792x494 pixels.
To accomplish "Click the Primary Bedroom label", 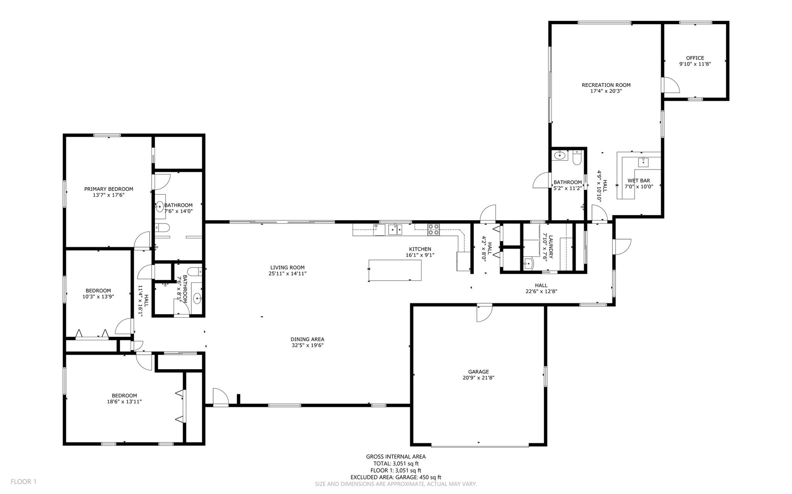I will coord(108,189).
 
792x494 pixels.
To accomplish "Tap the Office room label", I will coord(695,58).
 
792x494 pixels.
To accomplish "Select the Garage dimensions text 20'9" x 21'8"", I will coord(478,378).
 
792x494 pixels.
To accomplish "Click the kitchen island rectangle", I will coord(395,270).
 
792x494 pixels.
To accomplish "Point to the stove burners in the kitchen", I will coord(433,230).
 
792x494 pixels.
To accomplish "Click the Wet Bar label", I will coord(638,181).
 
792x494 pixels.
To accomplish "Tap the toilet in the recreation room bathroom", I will coord(577,158).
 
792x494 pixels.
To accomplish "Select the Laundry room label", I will coord(551,247).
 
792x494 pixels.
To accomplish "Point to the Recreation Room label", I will coord(606,85).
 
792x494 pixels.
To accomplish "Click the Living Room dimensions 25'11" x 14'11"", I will coord(287,274).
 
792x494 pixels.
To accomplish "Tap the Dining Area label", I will coord(307,339).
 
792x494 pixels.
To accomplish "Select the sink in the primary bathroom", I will coord(159,207).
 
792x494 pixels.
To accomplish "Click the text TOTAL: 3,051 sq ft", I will coord(395,463).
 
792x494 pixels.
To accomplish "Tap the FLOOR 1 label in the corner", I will coord(23,482).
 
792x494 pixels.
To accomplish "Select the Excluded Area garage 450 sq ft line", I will coord(395,477).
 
